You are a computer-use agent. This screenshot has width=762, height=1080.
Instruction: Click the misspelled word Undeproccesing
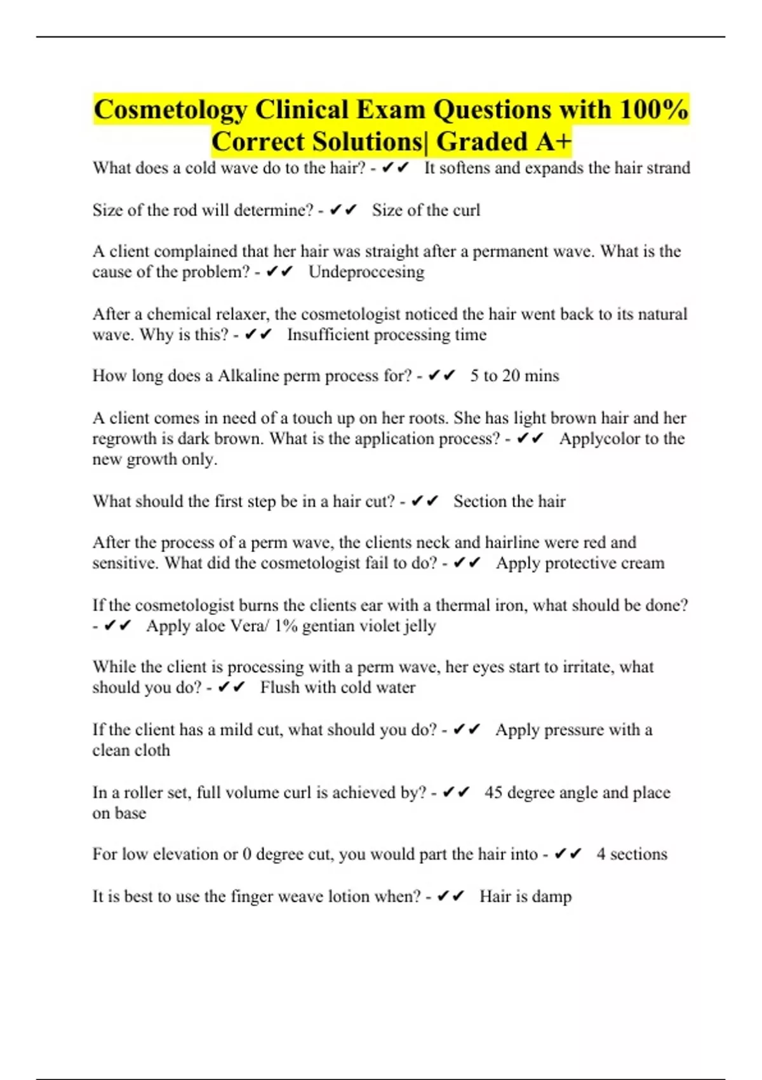[x=366, y=272]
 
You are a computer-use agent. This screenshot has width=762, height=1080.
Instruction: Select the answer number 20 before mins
[x=511, y=376]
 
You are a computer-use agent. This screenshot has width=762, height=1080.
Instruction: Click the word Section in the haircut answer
[x=479, y=502]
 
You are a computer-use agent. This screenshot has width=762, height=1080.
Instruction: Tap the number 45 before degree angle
[x=493, y=793]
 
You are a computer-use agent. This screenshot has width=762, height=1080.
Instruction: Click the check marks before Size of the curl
[x=344, y=210]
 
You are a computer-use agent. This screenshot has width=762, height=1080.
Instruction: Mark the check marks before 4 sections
[x=568, y=854]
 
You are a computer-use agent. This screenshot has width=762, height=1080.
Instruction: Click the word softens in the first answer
[x=469, y=168]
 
